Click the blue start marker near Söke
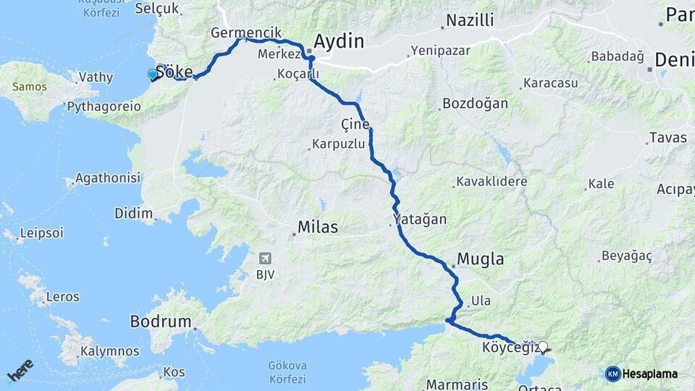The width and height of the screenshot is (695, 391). pyautogui.click(x=152, y=74)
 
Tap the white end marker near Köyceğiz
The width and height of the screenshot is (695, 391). pyautogui.click(x=543, y=346)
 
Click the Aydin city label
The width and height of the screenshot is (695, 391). pyautogui.click(x=338, y=41)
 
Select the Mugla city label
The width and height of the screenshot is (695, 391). pyautogui.click(x=481, y=259)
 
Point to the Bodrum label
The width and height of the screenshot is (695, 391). pyautogui.click(x=160, y=321)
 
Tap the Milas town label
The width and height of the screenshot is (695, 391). pyautogui.click(x=319, y=227)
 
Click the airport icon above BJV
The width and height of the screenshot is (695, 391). pyautogui.click(x=265, y=258)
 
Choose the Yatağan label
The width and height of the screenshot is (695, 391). pyautogui.click(x=420, y=219)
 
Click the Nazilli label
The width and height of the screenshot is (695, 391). pyautogui.click(x=470, y=20)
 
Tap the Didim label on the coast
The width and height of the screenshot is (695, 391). pyautogui.click(x=134, y=213)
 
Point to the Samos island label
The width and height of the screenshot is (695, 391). pyautogui.click(x=29, y=87)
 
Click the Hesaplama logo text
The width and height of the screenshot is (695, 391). pyautogui.click(x=650, y=374)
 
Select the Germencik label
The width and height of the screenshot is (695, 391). pyautogui.click(x=235, y=33)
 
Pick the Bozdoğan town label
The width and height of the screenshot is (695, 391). pyautogui.click(x=476, y=104)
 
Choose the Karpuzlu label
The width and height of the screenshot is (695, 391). pyautogui.click(x=339, y=144)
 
